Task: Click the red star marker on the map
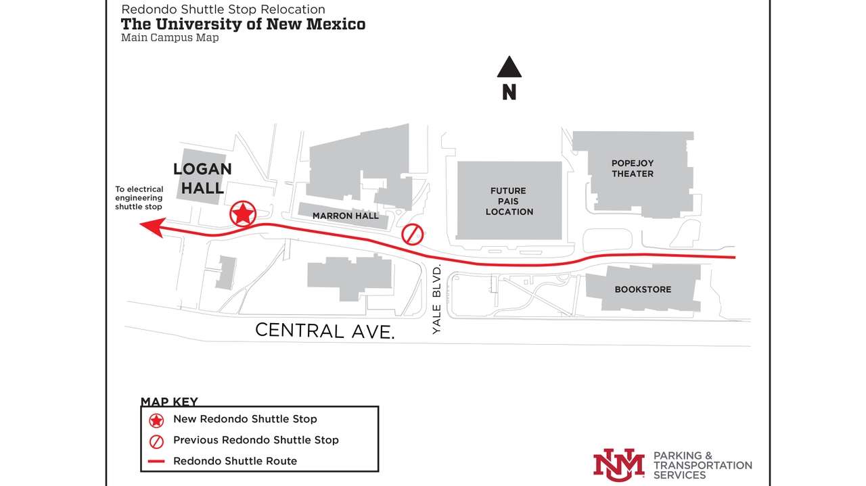[x=242, y=214]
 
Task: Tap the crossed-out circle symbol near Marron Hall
[x=413, y=235]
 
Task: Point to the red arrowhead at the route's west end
[x=150, y=228]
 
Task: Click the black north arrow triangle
[x=509, y=68]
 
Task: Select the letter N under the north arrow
[x=509, y=92]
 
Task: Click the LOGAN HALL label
[x=202, y=178]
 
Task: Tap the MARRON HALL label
[x=346, y=216]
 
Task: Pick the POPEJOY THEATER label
[x=633, y=168]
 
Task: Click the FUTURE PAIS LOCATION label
[x=509, y=201]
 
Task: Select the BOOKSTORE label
[x=643, y=289]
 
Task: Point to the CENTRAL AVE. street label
[x=325, y=331]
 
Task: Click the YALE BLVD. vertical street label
[x=437, y=299]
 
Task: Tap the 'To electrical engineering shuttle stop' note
[x=139, y=198]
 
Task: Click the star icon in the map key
[x=156, y=420]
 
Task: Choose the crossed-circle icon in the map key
[x=156, y=441]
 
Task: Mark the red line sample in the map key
[x=156, y=462]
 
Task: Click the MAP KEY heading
[x=169, y=402]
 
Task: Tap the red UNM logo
[x=618, y=465]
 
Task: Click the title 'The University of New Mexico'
[x=243, y=24]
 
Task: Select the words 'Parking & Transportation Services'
[x=702, y=465]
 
